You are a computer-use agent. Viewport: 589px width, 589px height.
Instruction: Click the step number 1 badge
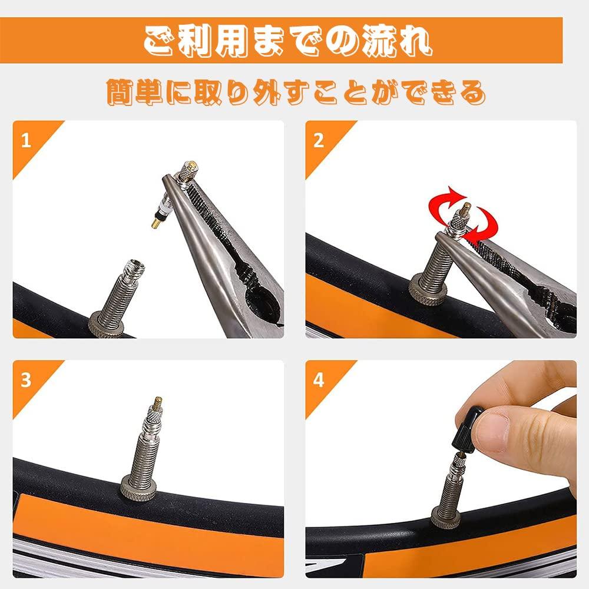pos(25,142)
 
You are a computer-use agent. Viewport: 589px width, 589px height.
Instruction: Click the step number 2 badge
pos(319,142)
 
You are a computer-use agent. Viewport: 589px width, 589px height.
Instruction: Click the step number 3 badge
pos(25,380)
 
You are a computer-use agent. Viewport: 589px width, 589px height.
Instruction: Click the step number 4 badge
pos(319,380)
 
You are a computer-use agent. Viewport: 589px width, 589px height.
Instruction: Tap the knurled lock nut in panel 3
pos(138,487)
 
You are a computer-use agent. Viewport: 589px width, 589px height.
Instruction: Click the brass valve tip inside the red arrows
pos(465,210)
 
